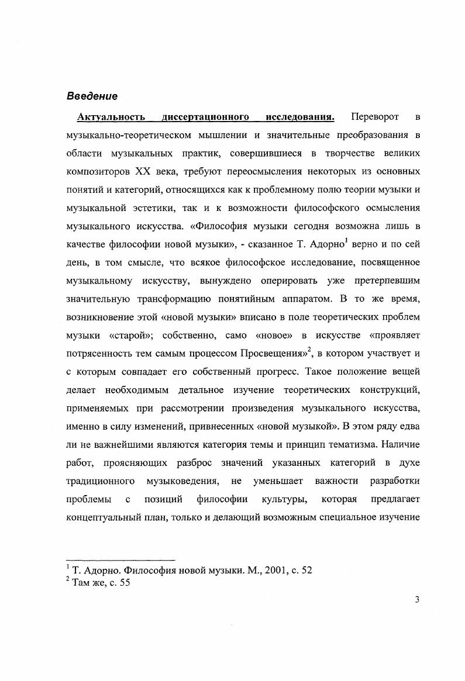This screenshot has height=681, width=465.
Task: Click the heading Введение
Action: coord(92,96)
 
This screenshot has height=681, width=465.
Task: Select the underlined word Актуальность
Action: coord(111,117)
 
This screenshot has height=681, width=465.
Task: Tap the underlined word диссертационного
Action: coord(206,117)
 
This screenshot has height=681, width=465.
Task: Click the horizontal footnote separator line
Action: coord(121,560)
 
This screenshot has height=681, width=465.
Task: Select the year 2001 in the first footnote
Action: coord(264,571)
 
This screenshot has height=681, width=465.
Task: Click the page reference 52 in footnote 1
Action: coord(306,571)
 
